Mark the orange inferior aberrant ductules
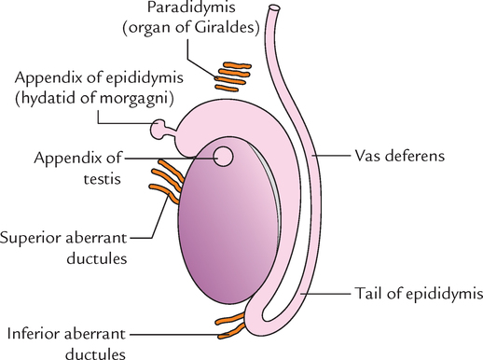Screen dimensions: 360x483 [x=231, y=326]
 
